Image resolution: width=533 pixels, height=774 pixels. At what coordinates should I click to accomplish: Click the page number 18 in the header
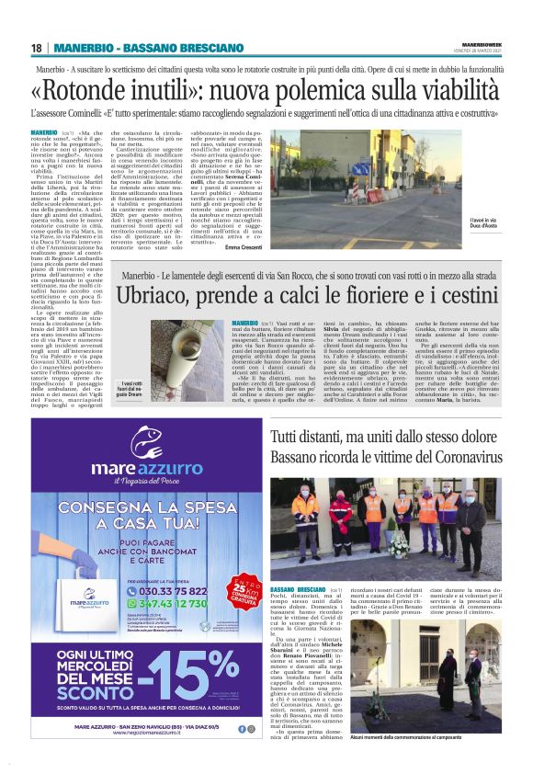(37, 48)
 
